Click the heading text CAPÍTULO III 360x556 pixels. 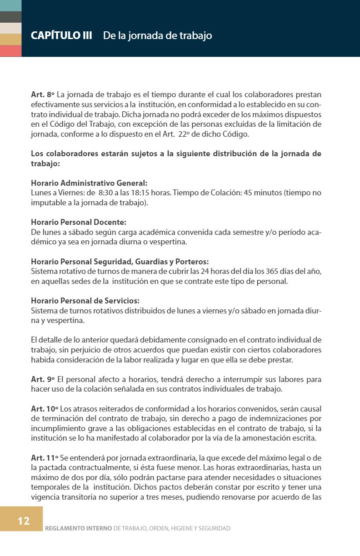[61, 35]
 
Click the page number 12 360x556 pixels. [24, 521]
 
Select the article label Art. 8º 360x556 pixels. [42, 95]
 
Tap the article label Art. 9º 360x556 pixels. [42, 379]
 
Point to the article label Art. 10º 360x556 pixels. [44, 408]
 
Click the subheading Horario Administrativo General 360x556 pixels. [89, 183]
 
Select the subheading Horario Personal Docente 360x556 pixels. [78, 222]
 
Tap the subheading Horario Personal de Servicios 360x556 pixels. [85, 301]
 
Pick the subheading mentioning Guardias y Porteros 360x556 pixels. [120, 262]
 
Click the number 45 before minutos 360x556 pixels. [248, 193]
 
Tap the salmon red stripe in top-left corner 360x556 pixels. [10, 51]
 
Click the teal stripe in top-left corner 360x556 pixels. [10, 5]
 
